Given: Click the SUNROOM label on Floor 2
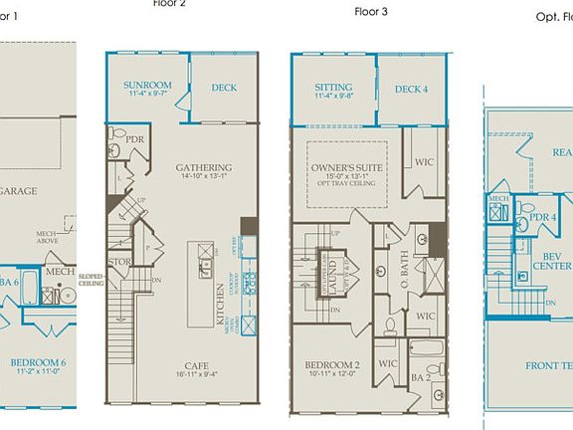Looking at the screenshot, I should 148,87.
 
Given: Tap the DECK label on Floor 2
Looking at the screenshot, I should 224,88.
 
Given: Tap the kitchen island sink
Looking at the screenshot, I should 205,266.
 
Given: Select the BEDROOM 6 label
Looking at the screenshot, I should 38,361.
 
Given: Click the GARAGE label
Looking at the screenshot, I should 18,191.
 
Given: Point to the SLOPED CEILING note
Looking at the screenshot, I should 91,280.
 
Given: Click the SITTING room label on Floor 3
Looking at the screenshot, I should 333,88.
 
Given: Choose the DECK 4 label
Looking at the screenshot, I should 411,89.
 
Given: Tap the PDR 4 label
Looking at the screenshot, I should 542,217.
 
